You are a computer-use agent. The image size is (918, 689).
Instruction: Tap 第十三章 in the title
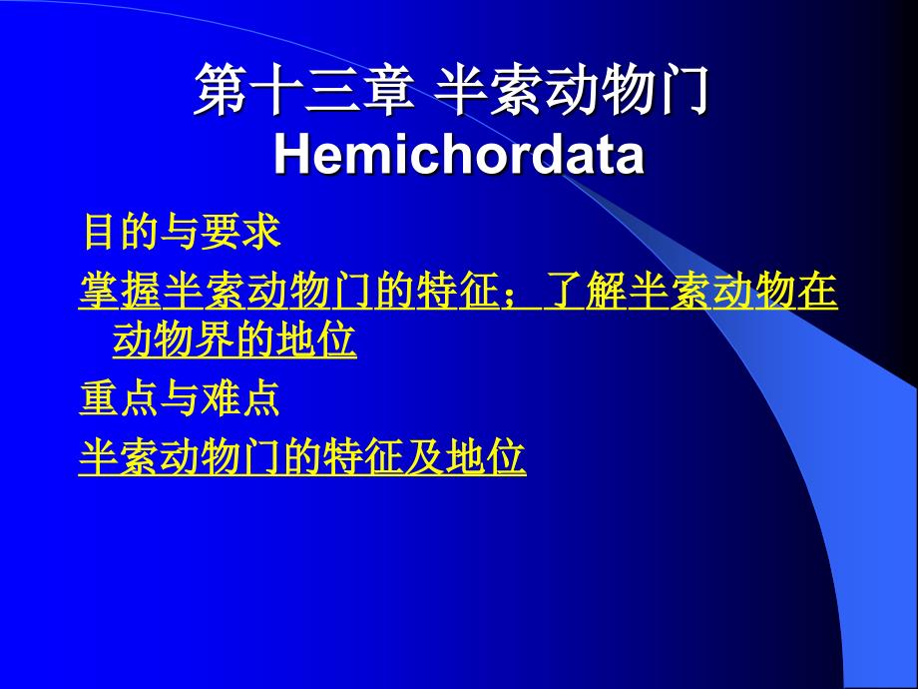(x=304, y=90)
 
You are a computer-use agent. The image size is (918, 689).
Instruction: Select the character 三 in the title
(x=331, y=90)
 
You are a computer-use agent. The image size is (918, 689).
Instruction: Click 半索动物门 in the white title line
(x=572, y=90)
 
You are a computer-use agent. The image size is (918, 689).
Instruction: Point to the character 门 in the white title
(x=685, y=90)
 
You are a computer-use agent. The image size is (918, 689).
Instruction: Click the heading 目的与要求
(x=182, y=232)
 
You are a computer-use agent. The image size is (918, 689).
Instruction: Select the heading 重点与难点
(x=179, y=398)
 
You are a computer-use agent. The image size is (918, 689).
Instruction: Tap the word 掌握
(x=120, y=291)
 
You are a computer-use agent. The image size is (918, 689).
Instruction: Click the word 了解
(x=585, y=291)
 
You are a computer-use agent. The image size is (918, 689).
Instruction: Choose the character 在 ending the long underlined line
(x=816, y=291)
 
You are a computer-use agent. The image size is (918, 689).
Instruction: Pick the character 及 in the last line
(x=423, y=457)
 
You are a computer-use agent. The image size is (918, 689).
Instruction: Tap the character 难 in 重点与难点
(x=219, y=398)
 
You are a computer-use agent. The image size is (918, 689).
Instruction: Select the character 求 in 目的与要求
(x=261, y=232)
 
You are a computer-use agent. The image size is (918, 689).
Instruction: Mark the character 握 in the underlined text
(x=141, y=291)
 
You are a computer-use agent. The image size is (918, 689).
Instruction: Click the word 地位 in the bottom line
(x=485, y=457)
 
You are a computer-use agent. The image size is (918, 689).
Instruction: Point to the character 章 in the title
(x=388, y=90)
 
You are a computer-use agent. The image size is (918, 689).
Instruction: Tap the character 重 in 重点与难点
(x=99, y=398)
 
